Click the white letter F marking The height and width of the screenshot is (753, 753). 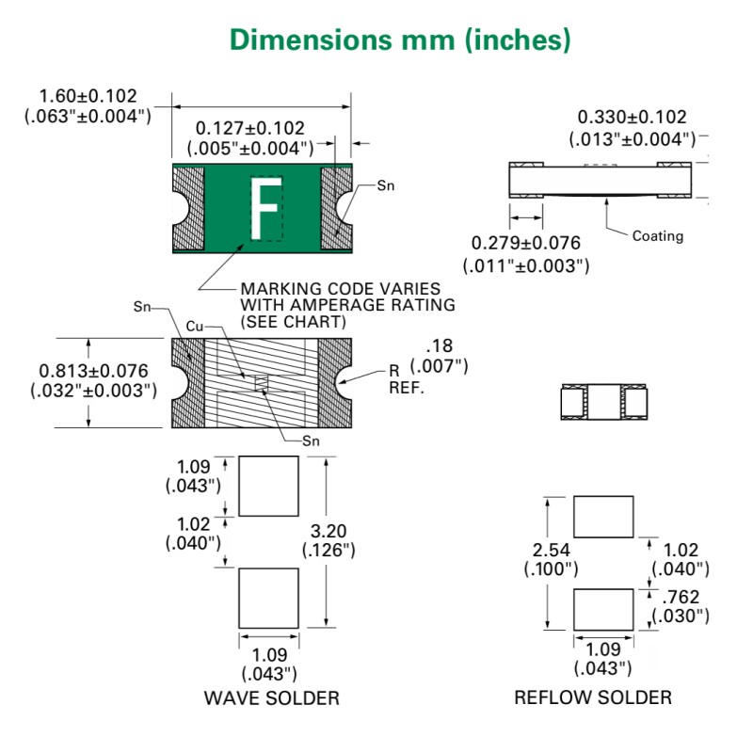(265, 208)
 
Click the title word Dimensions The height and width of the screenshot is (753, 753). (311, 40)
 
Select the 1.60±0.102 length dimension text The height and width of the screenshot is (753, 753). (88, 96)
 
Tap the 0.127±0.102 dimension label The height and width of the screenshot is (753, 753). (249, 128)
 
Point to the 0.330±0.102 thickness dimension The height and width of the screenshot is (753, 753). (632, 117)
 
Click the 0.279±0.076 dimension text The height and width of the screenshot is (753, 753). (526, 243)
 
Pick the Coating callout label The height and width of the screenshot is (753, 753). (657, 236)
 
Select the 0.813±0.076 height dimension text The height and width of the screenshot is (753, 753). (93, 371)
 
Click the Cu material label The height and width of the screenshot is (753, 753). (195, 327)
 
